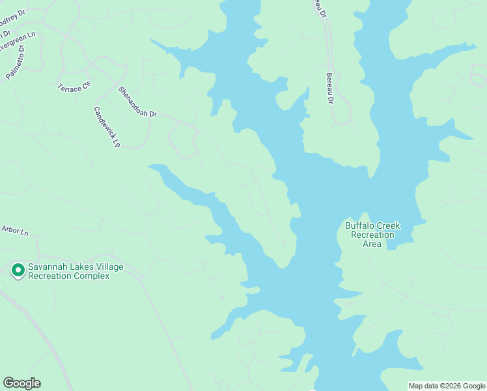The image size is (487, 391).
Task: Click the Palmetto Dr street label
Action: pyautogui.click(x=15, y=61)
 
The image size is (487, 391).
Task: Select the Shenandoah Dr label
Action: pyautogui.click(x=137, y=102)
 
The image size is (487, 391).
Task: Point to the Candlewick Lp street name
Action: pyautogui.click(x=107, y=127)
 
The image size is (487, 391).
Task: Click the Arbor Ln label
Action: pyautogui.click(x=15, y=230)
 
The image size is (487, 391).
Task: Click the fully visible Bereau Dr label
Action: pyautogui.click(x=330, y=88)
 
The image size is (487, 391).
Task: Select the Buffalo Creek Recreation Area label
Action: pyautogui.click(x=372, y=235)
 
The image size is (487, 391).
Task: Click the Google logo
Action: pyautogui.click(x=21, y=383)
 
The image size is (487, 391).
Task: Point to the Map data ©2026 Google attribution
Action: pyautogui.click(x=447, y=386)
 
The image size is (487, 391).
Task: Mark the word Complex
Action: pyautogui.click(x=91, y=276)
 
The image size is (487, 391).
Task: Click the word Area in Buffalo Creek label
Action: pyautogui.click(x=372, y=244)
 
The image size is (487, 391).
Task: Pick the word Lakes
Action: pyautogui.click(x=80, y=267)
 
